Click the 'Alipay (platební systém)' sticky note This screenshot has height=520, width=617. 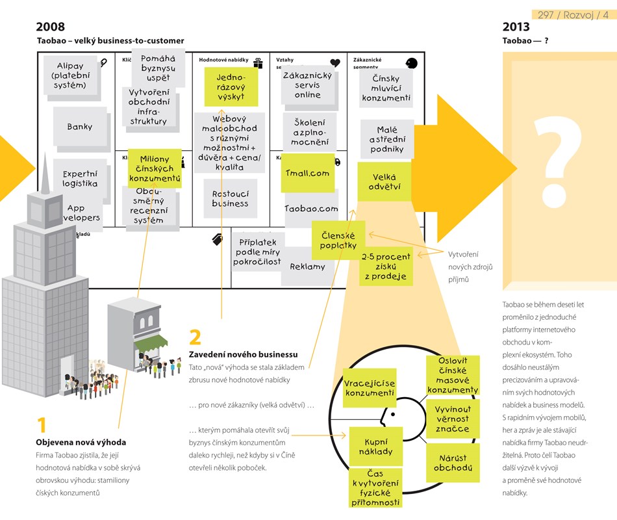pos(71,75)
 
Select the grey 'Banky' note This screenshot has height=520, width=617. pos(80,127)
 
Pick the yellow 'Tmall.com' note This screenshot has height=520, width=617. pos(308,174)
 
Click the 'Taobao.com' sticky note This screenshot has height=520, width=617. pos(312,209)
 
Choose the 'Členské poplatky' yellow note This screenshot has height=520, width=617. pos(338,240)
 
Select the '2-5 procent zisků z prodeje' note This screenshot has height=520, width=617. pos(386,266)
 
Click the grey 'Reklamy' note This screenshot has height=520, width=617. pos(308,266)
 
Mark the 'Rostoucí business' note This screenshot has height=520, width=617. pos(230,198)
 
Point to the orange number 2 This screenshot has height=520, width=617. pos(195,337)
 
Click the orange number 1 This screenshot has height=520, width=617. pos(42,426)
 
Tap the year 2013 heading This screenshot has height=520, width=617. pos(516,27)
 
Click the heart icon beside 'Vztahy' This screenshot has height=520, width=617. pos(335,63)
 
